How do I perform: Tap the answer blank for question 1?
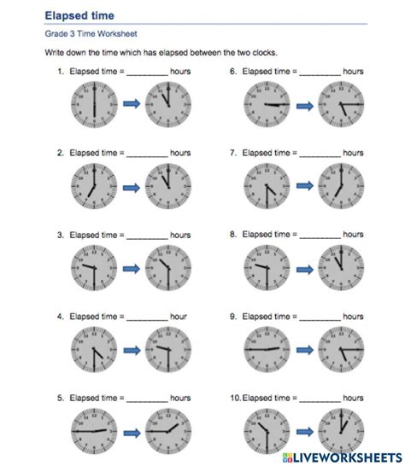[147, 73]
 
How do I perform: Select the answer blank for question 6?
[320, 73]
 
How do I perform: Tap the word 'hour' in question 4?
[179, 316]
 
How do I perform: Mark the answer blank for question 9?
[320, 317]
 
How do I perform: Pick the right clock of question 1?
[168, 104]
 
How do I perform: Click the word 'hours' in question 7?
[353, 154]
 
